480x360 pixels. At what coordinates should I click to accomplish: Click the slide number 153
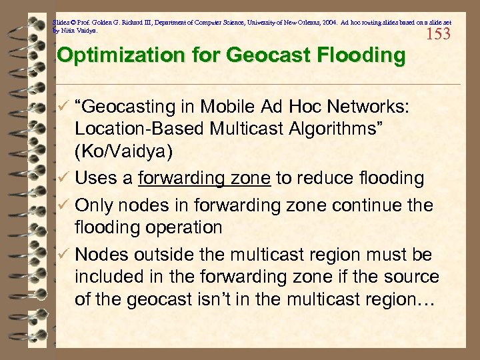438,33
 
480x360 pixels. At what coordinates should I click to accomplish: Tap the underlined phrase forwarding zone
203,178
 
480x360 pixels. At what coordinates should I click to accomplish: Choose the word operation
182,227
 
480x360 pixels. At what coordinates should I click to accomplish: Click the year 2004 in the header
316,22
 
